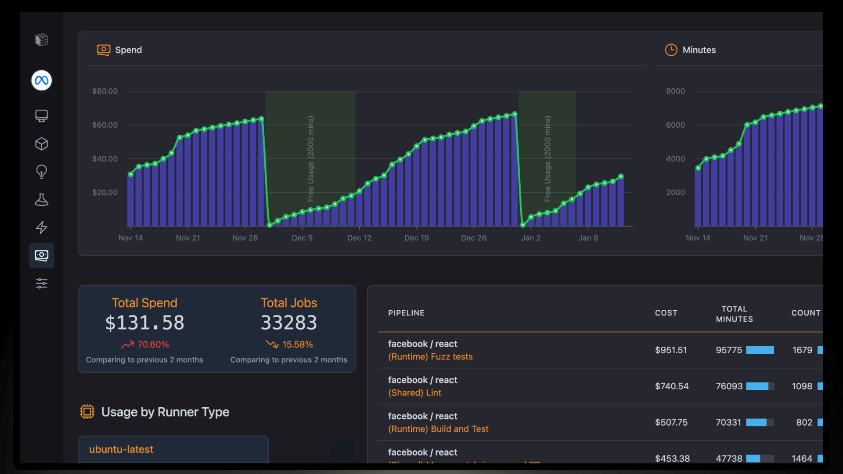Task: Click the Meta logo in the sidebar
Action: tap(42, 80)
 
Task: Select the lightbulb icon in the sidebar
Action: tap(42, 172)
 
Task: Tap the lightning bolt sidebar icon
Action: tap(42, 227)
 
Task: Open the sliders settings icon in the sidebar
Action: tap(42, 283)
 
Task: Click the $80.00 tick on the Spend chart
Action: tap(105, 91)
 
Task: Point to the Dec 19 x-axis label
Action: tap(416, 238)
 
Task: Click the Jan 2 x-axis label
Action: tap(531, 238)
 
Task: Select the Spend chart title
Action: tap(128, 50)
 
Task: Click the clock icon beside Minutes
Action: tap(671, 50)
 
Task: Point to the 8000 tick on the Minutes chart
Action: tap(675, 91)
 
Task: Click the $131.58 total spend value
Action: tap(144, 323)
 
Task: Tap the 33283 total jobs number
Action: tap(289, 323)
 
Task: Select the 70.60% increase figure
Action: tap(153, 345)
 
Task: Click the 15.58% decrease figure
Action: tap(297, 345)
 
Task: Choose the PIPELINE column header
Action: tap(406, 313)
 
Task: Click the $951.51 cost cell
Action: tap(671, 350)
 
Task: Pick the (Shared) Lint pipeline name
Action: tap(414, 393)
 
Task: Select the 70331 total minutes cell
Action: tap(728, 422)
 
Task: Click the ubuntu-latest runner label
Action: tap(121, 449)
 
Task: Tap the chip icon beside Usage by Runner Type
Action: tap(87, 412)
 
